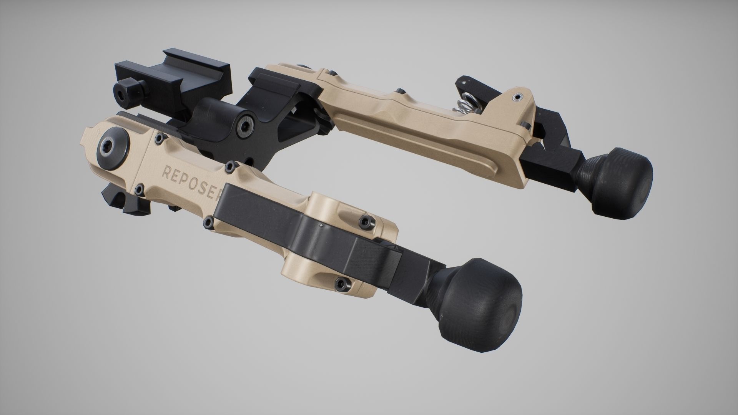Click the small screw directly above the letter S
[230, 166]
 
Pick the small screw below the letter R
[138, 189]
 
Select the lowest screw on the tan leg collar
[339, 284]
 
